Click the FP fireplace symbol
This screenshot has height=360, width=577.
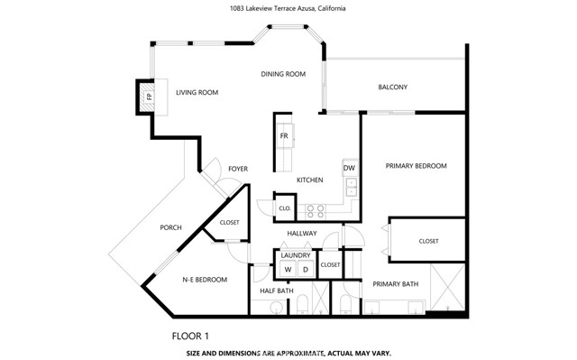149,97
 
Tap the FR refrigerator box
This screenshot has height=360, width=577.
285,136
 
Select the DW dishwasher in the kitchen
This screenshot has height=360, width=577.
350,168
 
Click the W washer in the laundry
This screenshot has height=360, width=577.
288,269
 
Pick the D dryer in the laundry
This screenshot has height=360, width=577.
306,269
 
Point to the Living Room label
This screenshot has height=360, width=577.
197,92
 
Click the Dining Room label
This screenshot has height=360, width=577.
283,74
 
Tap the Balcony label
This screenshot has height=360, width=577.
393,88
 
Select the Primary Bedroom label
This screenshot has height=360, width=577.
416,166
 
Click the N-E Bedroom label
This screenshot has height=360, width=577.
205,280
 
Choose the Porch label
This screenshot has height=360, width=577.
170,228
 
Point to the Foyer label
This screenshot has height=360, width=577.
238,169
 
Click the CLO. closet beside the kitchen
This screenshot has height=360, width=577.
285,208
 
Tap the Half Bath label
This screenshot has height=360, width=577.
277,291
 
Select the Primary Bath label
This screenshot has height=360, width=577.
395,284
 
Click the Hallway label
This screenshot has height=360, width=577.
302,234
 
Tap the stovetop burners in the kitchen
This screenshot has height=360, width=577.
316,212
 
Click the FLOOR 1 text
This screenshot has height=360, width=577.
190,336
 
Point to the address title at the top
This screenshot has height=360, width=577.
288,8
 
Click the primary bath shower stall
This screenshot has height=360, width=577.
447,287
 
